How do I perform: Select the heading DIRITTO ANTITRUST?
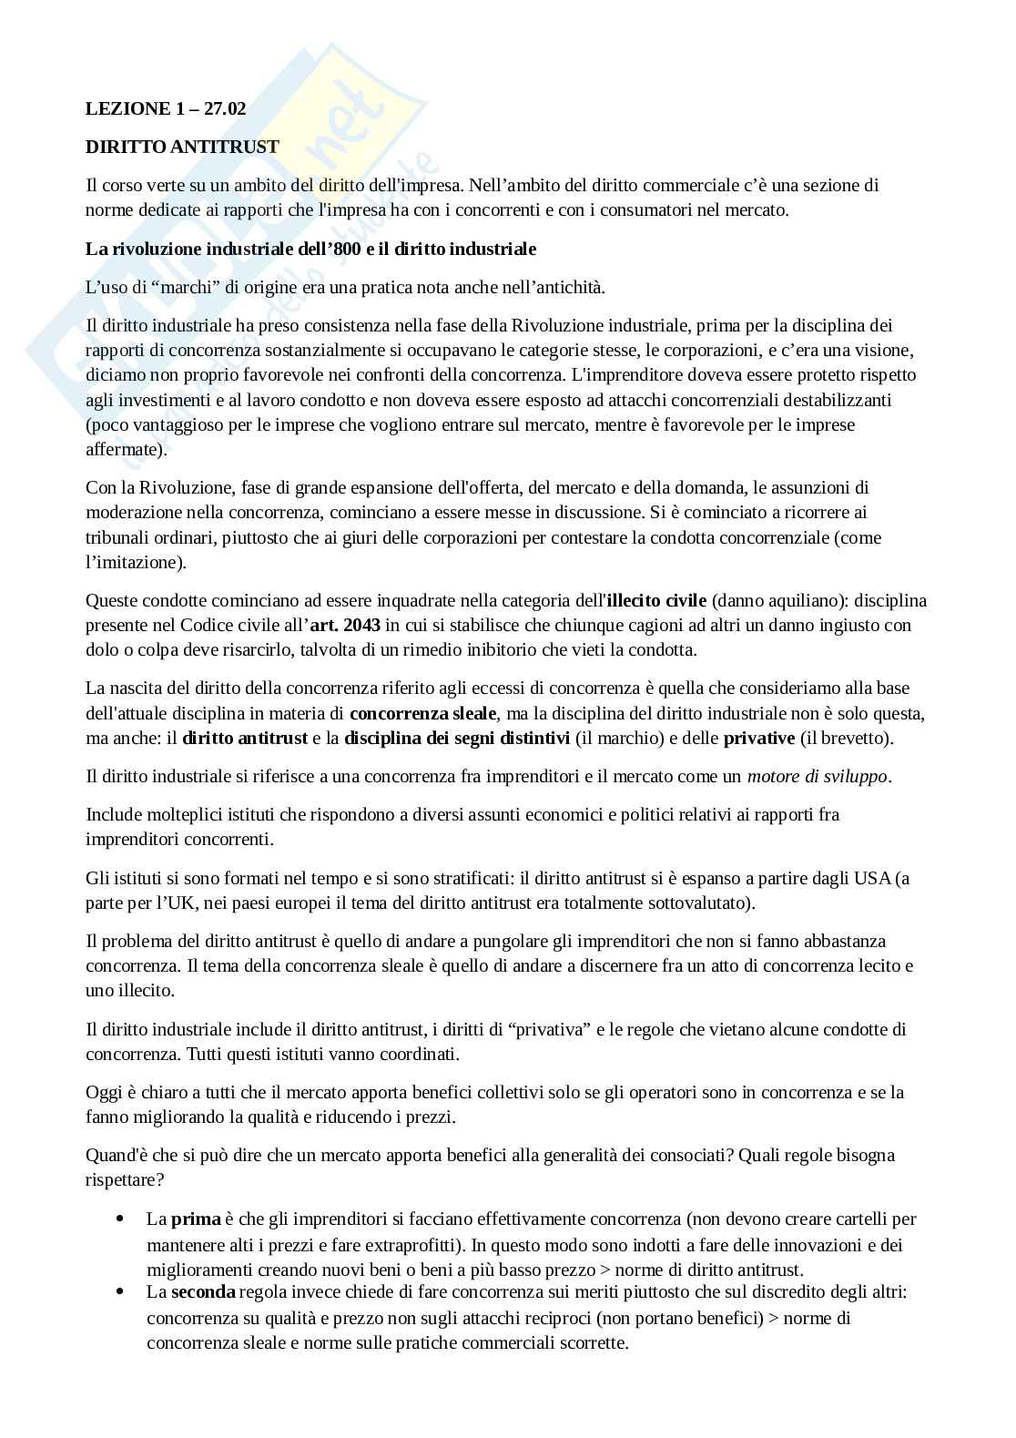[x=182, y=147]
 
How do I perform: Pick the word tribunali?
[x=120, y=537]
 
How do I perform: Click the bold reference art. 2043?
[x=345, y=625]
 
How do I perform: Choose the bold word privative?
[x=759, y=738]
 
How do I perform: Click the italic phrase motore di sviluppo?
[x=817, y=777]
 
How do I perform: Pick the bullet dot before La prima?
[x=121, y=1219]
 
